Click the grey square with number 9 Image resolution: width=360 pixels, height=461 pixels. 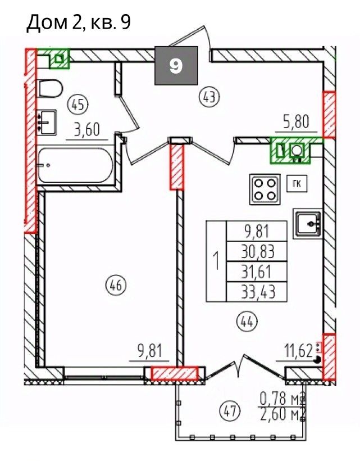coord(176,66)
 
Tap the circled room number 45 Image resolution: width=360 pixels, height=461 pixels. coord(78,105)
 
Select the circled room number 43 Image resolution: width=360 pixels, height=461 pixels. coord(209,97)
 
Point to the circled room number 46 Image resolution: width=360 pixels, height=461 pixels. coord(116,285)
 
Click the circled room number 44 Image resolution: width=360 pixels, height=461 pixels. coord(247,322)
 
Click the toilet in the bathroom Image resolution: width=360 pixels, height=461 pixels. coord(49,89)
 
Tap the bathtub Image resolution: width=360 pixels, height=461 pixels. coord(75,165)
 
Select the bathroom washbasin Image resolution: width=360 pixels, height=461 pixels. coord(46,123)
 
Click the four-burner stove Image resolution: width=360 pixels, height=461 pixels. coord(265,189)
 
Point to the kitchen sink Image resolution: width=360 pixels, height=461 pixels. coord(307,223)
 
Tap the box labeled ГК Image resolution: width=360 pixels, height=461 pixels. coord(297,184)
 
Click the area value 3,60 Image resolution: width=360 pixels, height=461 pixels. coord(87,130)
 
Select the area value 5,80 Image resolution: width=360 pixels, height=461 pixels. coord(296,122)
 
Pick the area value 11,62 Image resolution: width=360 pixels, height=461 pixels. coord(298,351)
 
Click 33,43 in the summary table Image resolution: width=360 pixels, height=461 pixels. coord(258,292)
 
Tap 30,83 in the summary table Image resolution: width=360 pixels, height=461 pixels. coord(258,252)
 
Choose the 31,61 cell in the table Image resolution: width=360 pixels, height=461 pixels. coord(256,272)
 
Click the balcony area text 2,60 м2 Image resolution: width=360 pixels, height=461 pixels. coord(282,414)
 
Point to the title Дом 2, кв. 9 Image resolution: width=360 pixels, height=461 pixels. coord(79,23)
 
